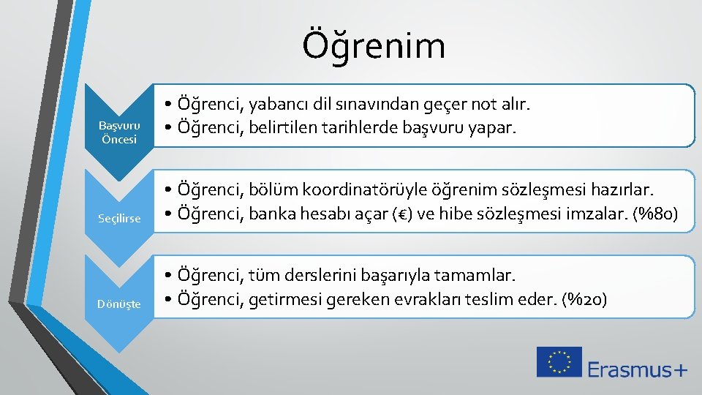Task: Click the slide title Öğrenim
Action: pyautogui.click(x=374, y=45)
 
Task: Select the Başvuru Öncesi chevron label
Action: pyautogui.click(x=119, y=132)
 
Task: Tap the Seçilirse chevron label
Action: pyautogui.click(x=119, y=219)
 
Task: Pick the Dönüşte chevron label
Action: pyautogui.click(x=119, y=304)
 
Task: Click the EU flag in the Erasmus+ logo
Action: pyautogui.click(x=559, y=362)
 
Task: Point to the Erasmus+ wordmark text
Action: pyautogui.click(x=637, y=369)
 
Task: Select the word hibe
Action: pyautogui.click(x=449, y=214)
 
